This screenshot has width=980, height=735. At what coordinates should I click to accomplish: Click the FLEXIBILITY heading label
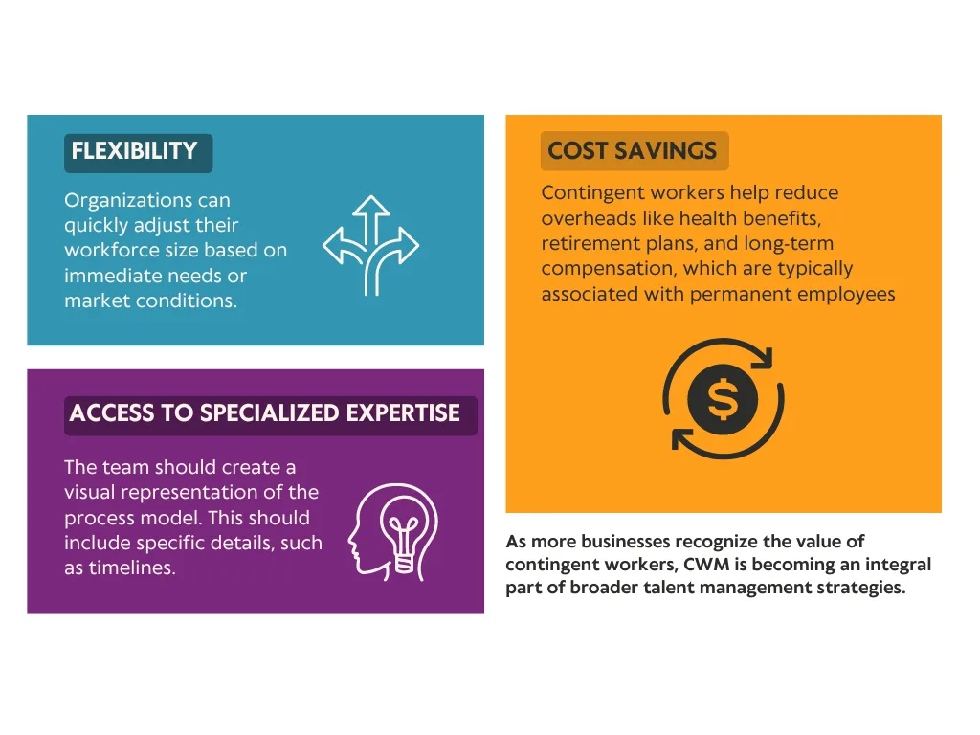[138, 152]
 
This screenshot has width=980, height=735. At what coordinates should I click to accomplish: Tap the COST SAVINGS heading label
[635, 150]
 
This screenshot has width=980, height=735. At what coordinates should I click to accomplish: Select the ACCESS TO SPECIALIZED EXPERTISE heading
[271, 415]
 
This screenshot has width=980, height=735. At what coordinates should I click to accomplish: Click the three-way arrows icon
[371, 245]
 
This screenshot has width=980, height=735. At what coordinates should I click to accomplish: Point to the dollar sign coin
[724, 400]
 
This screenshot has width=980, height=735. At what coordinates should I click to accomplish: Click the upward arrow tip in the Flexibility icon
[371, 197]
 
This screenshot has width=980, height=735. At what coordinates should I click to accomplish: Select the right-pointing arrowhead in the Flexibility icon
[410, 245]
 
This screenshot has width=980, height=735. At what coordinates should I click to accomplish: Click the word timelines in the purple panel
[132, 568]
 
